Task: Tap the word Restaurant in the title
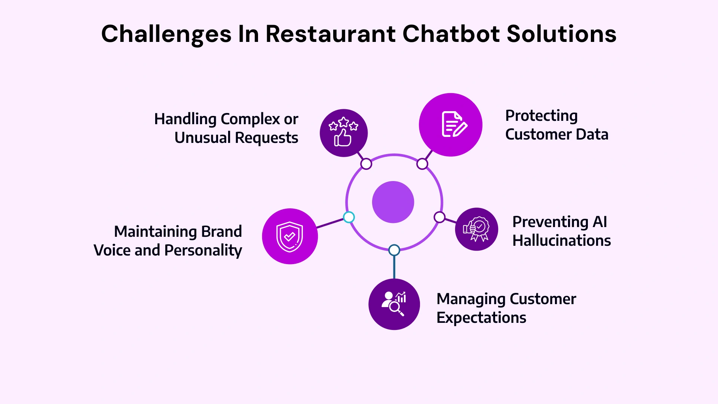pyautogui.click(x=331, y=34)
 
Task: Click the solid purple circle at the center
pyautogui.click(x=393, y=202)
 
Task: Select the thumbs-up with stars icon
pyautogui.click(x=343, y=133)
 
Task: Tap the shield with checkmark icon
pyautogui.click(x=290, y=236)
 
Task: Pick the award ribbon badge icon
pyautogui.click(x=476, y=229)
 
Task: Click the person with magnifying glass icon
pyautogui.click(x=394, y=304)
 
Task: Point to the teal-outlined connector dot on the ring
pyautogui.click(x=349, y=217)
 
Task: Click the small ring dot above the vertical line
pyautogui.click(x=394, y=250)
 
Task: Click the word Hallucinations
pyautogui.click(x=561, y=241)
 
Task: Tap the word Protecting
pyautogui.click(x=541, y=116)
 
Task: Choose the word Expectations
pyautogui.click(x=481, y=318)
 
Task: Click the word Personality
pyautogui.click(x=203, y=250)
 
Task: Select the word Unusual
pyautogui.click(x=202, y=138)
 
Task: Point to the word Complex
pyautogui.click(x=250, y=119)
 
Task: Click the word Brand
pyautogui.click(x=221, y=232)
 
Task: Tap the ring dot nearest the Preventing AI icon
pyautogui.click(x=439, y=217)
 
